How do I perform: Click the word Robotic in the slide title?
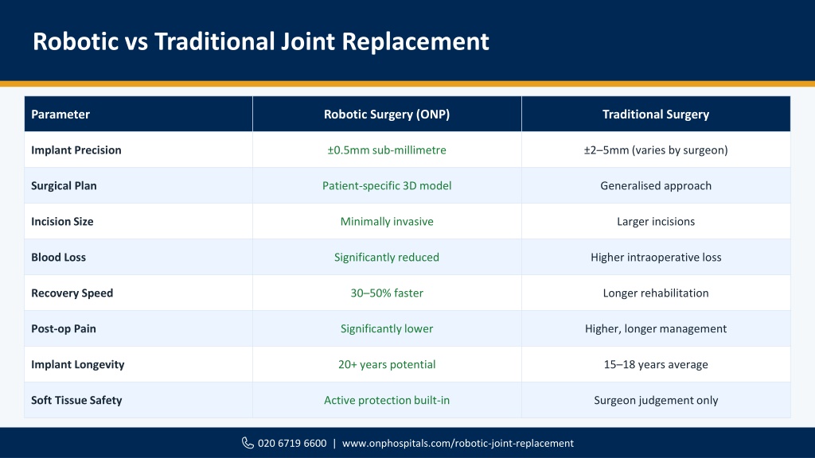click(76, 41)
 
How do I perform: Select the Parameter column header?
click(60, 114)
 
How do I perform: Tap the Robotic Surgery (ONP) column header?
click(387, 114)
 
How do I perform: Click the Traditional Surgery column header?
click(656, 114)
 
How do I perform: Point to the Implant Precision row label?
click(76, 150)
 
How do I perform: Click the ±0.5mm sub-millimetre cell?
click(387, 150)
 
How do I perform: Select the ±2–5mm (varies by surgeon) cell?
click(656, 150)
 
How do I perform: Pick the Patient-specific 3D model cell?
click(387, 186)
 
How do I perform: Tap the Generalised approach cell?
click(656, 186)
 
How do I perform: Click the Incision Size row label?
click(62, 222)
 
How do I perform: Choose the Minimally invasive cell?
click(387, 222)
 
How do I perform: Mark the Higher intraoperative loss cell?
click(656, 258)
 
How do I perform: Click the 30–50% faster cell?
click(387, 293)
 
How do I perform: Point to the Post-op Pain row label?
click(64, 328)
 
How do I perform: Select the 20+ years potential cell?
click(387, 364)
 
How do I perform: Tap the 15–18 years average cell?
click(656, 364)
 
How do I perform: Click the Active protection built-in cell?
click(387, 401)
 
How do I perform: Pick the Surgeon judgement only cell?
click(656, 401)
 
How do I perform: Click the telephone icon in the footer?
click(248, 443)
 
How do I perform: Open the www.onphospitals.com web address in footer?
click(458, 444)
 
